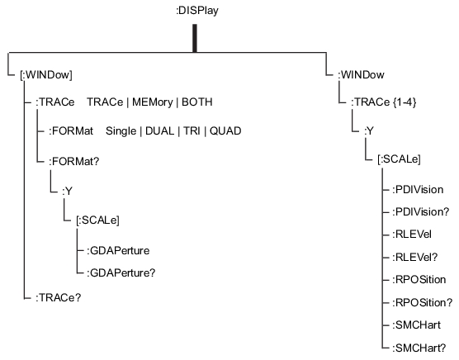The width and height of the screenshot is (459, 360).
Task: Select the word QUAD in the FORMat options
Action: pos(226,131)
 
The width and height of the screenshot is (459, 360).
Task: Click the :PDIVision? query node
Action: pos(425,213)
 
